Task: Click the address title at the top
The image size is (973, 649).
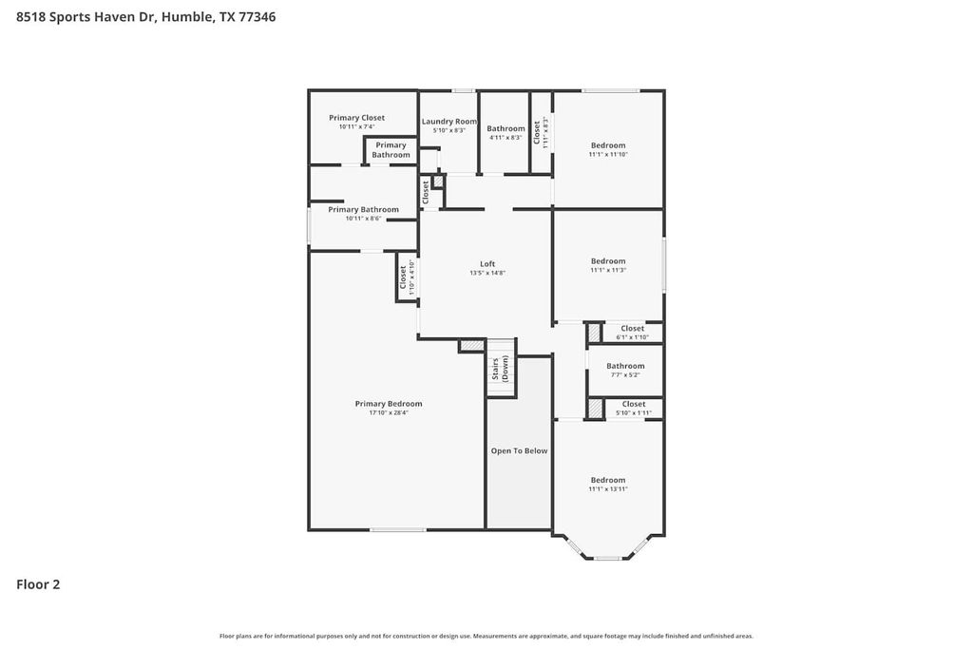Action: pyautogui.click(x=146, y=17)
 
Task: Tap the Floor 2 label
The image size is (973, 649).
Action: pyautogui.click(x=38, y=584)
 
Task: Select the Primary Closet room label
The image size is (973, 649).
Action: pyautogui.click(x=357, y=118)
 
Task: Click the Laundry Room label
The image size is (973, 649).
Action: pyautogui.click(x=449, y=122)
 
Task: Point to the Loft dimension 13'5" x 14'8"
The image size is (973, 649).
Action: pyautogui.click(x=487, y=273)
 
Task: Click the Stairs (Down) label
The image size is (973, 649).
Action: pyautogui.click(x=500, y=369)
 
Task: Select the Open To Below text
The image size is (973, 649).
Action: pyautogui.click(x=519, y=450)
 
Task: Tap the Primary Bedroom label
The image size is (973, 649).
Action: pyautogui.click(x=389, y=404)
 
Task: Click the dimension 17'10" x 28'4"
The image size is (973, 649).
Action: pyautogui.click(x=389, y=413)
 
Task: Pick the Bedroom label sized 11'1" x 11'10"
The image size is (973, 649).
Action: pyautogui.click(x=608, y=145)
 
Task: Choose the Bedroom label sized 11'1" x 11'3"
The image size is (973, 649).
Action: pyautogui.click(x=608, y=261)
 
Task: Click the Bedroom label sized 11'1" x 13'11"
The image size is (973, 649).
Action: pyautogui.click(x=608, y=480)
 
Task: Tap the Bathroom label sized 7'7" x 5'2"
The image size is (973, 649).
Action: pyautogui.click(x=625, y=366)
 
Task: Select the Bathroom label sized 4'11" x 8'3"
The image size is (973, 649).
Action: pyautogui.click(x=506, y=128)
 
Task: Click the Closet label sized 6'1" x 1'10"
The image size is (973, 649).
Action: pyautogui.click(x=632, y=329)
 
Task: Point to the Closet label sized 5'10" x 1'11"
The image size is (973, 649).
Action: pyautogui.click(x=633, y=404)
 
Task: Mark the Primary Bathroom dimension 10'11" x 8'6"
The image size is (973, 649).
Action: pyautogui.click(x=363, y=219)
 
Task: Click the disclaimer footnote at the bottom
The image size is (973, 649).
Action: pyautogui.click(x=486, y=636)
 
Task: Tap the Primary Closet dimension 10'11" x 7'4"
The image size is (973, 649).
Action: pyautogui.click(x=357, y=126)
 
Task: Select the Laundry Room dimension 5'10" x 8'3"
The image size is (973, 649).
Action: pyautogui.click(x=449, y=130)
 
